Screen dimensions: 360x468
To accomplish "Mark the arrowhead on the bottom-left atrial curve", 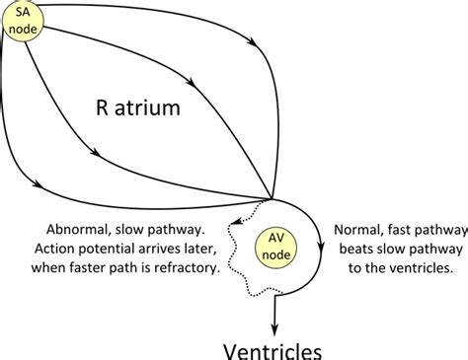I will tap(38, 182).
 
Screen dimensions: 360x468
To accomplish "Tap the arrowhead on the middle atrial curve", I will tap(95, 154).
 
